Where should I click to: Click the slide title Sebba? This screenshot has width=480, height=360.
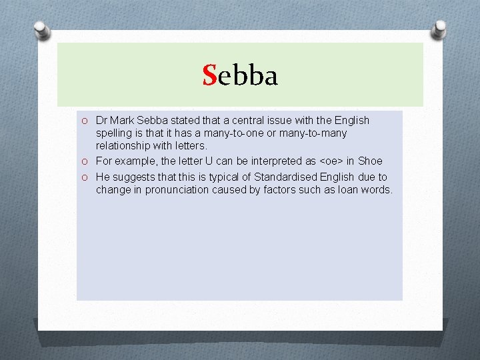click(x=240, y=76)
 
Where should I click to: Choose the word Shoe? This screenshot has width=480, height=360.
click(x=369, y=161)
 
